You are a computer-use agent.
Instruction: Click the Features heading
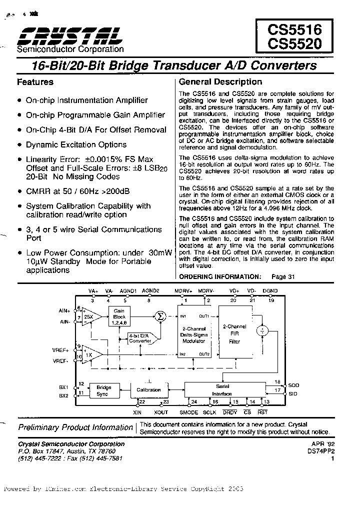tap(35, 82)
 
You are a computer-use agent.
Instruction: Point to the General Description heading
tap(220, 82)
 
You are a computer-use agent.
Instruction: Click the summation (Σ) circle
tap(160, 315)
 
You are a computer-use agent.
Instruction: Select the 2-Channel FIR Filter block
tap(234, 334)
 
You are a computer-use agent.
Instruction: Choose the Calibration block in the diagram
tap(148, 390)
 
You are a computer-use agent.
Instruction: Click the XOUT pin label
tap(161, 412)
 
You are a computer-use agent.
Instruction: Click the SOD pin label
tap(294, 385)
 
